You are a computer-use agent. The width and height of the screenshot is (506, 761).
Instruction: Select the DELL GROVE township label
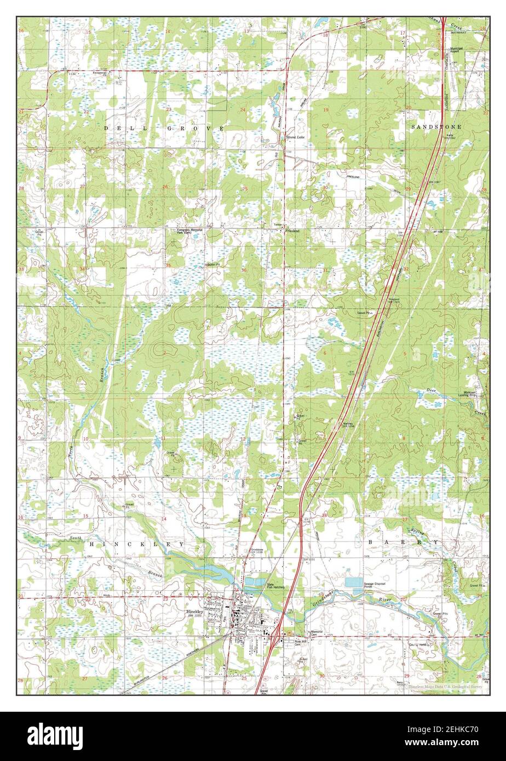[x=164, y=128]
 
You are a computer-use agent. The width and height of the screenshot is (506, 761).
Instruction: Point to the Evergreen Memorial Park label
[x=189, y=231]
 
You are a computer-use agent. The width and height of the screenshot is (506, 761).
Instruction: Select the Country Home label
[x=419, y=645]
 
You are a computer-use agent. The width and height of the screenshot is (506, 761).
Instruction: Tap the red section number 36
[x=244, y=270]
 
